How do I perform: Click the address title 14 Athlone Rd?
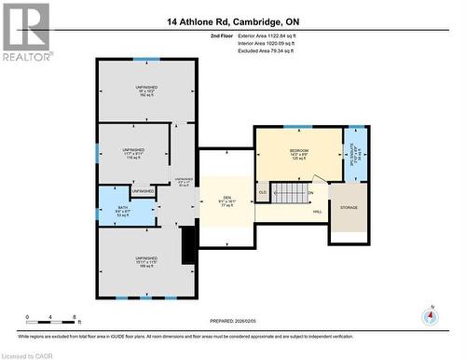pyautogui.click(x=234, y=21)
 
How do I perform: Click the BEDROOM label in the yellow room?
pyautogui.click(x=298, y=151)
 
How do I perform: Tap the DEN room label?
pyautogui.click(x=226, y=199)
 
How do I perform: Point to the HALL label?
pyautogui.click(x=317, y=213)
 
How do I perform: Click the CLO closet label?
pyautogui.click(x=263, y=192)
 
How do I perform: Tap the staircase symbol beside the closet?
pyautogui.click(x=293, y=193)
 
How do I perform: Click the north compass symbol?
pyautogui.click(x=430, y=315)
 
